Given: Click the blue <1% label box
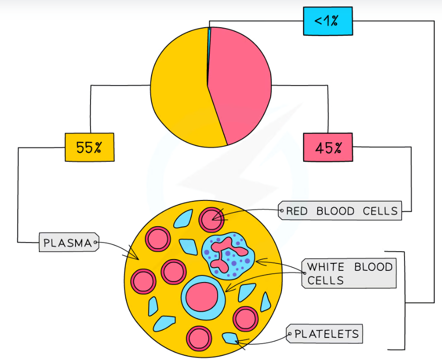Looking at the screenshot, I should click(x=327, y=22).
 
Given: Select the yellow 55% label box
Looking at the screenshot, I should click(x=89, y=147).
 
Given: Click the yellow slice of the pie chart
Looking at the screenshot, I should click(x=181, y=89).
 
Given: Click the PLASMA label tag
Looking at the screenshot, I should click(x=69, y=243).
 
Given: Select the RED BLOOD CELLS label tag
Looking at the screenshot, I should click(x=341, y=211).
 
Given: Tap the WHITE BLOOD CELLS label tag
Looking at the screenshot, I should click(x=350, y=273).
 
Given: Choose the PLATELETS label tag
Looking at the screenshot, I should click(x=326, y=334).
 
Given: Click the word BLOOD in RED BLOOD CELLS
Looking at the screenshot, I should click(x=335, y=211).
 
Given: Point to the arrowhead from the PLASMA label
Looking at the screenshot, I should click(x=137, y=257).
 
